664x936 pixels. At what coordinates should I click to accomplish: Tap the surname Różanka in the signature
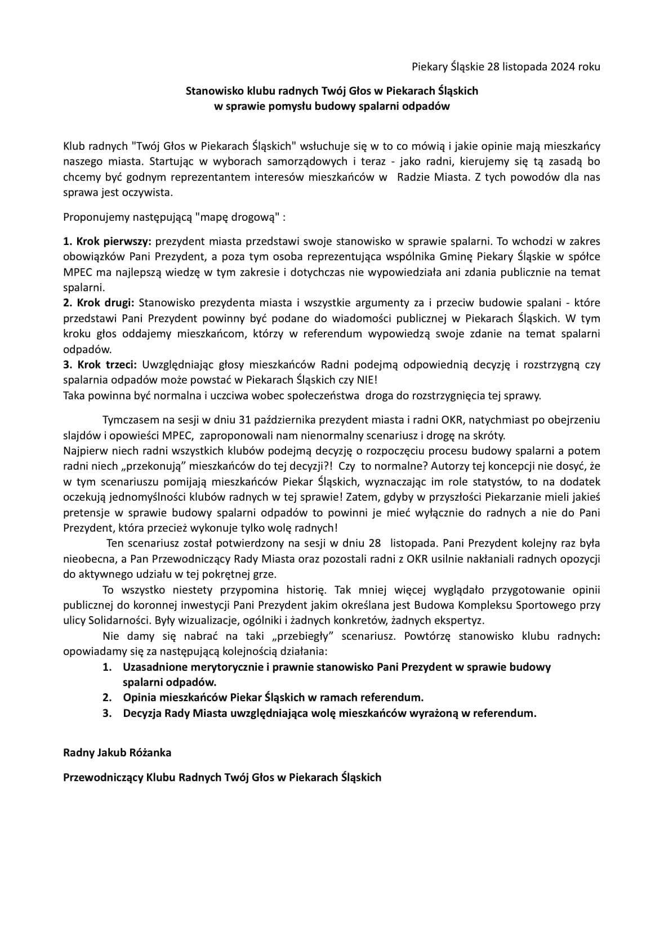coord(150,752)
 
